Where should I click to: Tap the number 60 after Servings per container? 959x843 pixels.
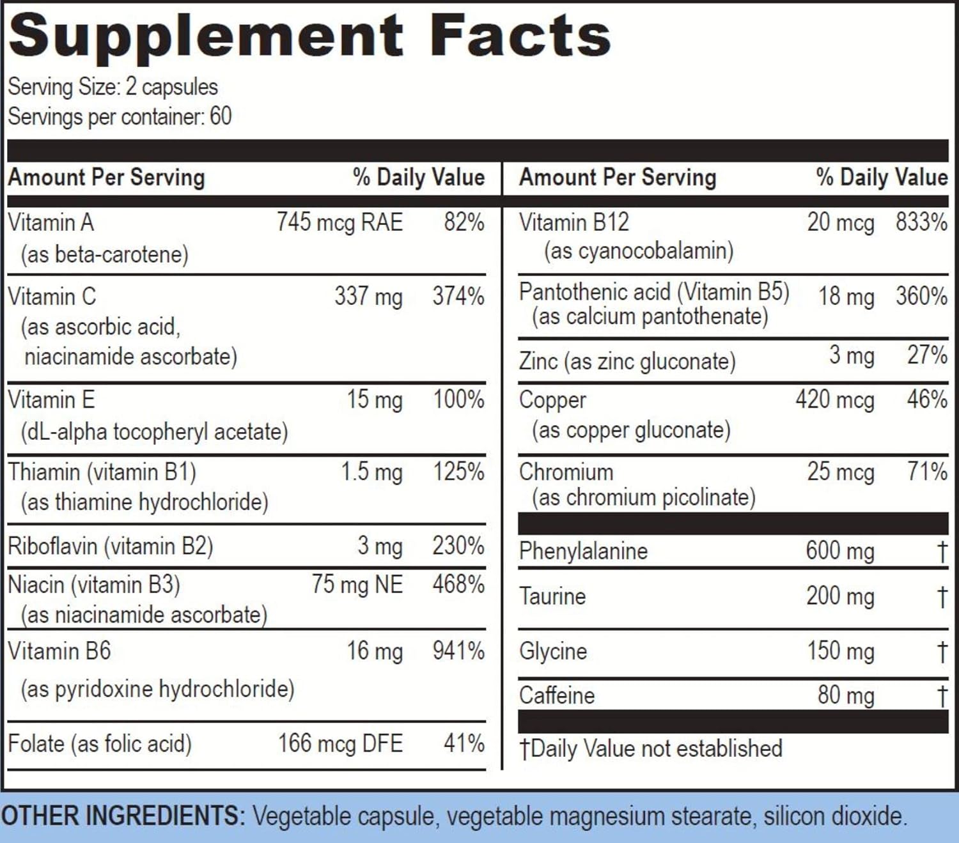(221, 116)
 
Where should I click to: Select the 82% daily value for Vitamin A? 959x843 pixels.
(464, 222)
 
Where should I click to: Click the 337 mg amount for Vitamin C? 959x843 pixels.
(368, 297)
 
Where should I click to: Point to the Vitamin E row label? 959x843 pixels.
(51, 400)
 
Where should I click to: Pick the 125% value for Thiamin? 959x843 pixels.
(458, 472)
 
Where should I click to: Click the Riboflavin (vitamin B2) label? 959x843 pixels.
(110, 546)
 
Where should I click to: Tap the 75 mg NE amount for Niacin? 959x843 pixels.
(357, 585)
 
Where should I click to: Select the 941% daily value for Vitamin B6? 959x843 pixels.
(458, 651)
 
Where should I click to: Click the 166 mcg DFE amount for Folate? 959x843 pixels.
(340, 744)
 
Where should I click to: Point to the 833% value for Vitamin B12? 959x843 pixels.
(921, 222)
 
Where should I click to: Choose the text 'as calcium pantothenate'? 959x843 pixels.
(650, 316)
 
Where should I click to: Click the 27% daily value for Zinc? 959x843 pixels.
(927, 355)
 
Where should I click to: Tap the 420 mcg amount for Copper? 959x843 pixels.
(834, 400)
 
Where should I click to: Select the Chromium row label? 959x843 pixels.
(566, 472)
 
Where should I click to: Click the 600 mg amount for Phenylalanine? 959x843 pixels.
(839, 551)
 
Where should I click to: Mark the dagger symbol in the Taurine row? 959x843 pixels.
(942, 597)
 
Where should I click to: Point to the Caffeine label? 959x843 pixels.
(557, 695)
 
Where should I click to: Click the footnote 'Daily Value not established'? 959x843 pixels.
(656, 748)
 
